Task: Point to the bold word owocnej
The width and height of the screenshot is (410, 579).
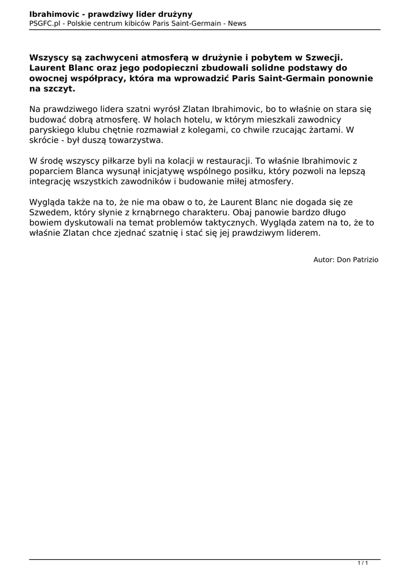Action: [49, 79]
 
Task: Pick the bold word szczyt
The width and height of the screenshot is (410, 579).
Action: [59, 89]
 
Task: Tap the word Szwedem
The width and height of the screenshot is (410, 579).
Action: [50, 213]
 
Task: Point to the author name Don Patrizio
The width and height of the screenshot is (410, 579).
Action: [357, 260]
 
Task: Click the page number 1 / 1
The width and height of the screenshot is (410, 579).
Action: [362, 563]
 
